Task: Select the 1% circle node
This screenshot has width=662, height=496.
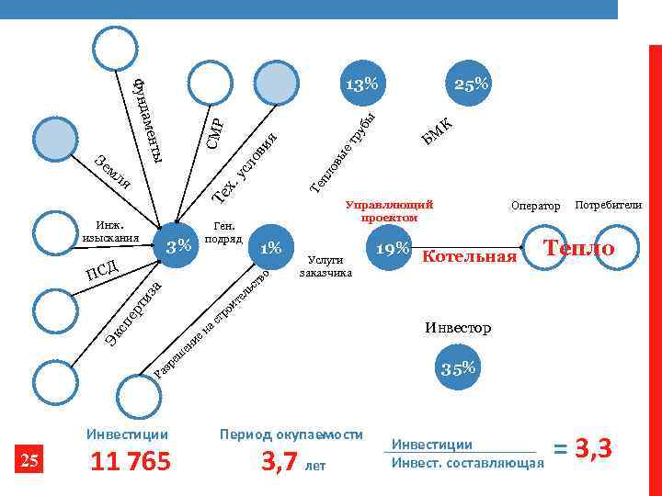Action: [x=270, y=248]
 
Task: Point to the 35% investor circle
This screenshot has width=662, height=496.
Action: [x=457, y=369]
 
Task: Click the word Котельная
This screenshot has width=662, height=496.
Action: [x=469, y=256]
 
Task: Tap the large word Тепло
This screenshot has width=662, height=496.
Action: [x=578, y=248]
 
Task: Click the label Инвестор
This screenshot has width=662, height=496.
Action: [x=458, y=327]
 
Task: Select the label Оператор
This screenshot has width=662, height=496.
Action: [x=535, y=207]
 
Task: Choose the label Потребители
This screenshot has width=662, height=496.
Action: [x=608, y=206]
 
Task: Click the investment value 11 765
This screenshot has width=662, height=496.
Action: [x=131, y=462]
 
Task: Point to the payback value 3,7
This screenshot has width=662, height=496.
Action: [x=282, y=462]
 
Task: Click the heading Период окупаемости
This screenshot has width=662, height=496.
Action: [x=291, y=434]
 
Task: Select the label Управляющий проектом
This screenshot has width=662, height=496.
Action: [x=389, y=211]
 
